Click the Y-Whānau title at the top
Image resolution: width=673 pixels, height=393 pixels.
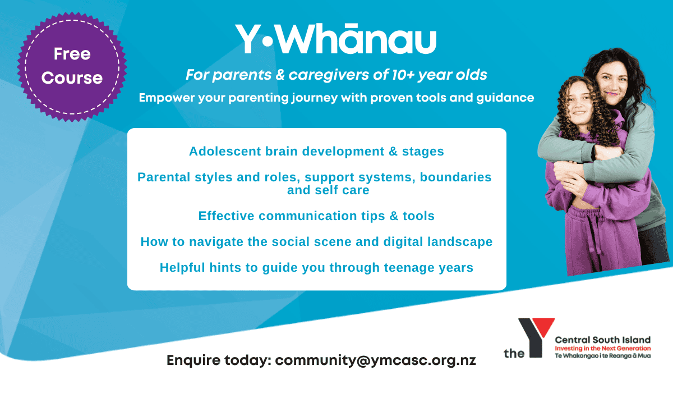click(x=335, y=39)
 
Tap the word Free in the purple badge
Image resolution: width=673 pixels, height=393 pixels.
click(x=72, y=54)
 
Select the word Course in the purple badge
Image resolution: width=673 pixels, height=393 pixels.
click(x=72, y=78)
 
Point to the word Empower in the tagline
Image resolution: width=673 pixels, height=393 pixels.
click(x=167, y=98)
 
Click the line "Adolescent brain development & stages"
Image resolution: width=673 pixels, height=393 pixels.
click(x=316, y=151)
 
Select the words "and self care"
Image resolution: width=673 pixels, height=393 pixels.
click(x=328, y=190)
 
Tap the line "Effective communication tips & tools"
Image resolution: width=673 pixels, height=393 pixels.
click(x=316, y=216)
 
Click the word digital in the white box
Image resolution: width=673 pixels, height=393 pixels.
click(x=403, y=242)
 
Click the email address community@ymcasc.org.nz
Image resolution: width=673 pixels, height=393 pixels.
click(x=376, y=360)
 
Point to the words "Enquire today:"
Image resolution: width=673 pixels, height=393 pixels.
click(x=219, y=360)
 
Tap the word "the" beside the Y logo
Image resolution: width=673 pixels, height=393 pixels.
click(x=514, y=353)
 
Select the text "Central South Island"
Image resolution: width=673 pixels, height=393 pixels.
click(x=603, y=340)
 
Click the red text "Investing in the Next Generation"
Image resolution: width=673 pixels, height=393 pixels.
click(x=603, y=349)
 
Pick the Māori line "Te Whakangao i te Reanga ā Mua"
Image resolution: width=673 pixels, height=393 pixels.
click(x=603, y=356)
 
